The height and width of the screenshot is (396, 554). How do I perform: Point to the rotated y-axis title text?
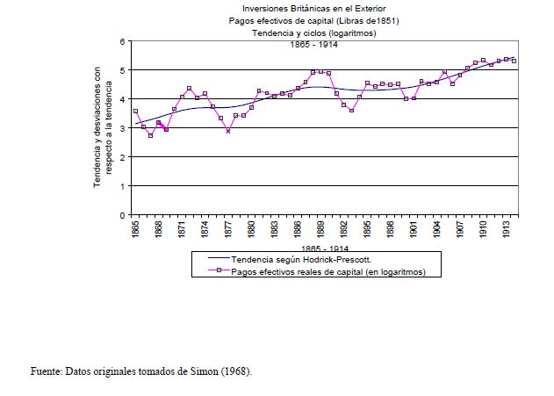[x=103, y=128]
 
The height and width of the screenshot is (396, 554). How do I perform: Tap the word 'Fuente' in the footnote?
[x=40, y=371]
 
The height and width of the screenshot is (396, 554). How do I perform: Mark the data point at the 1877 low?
[x=228, y=131]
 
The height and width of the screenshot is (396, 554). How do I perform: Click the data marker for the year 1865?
[x=135, y=112]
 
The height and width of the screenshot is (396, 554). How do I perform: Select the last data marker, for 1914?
[x=514, y=61]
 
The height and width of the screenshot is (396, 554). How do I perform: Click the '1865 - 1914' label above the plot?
[x=313, y=45]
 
